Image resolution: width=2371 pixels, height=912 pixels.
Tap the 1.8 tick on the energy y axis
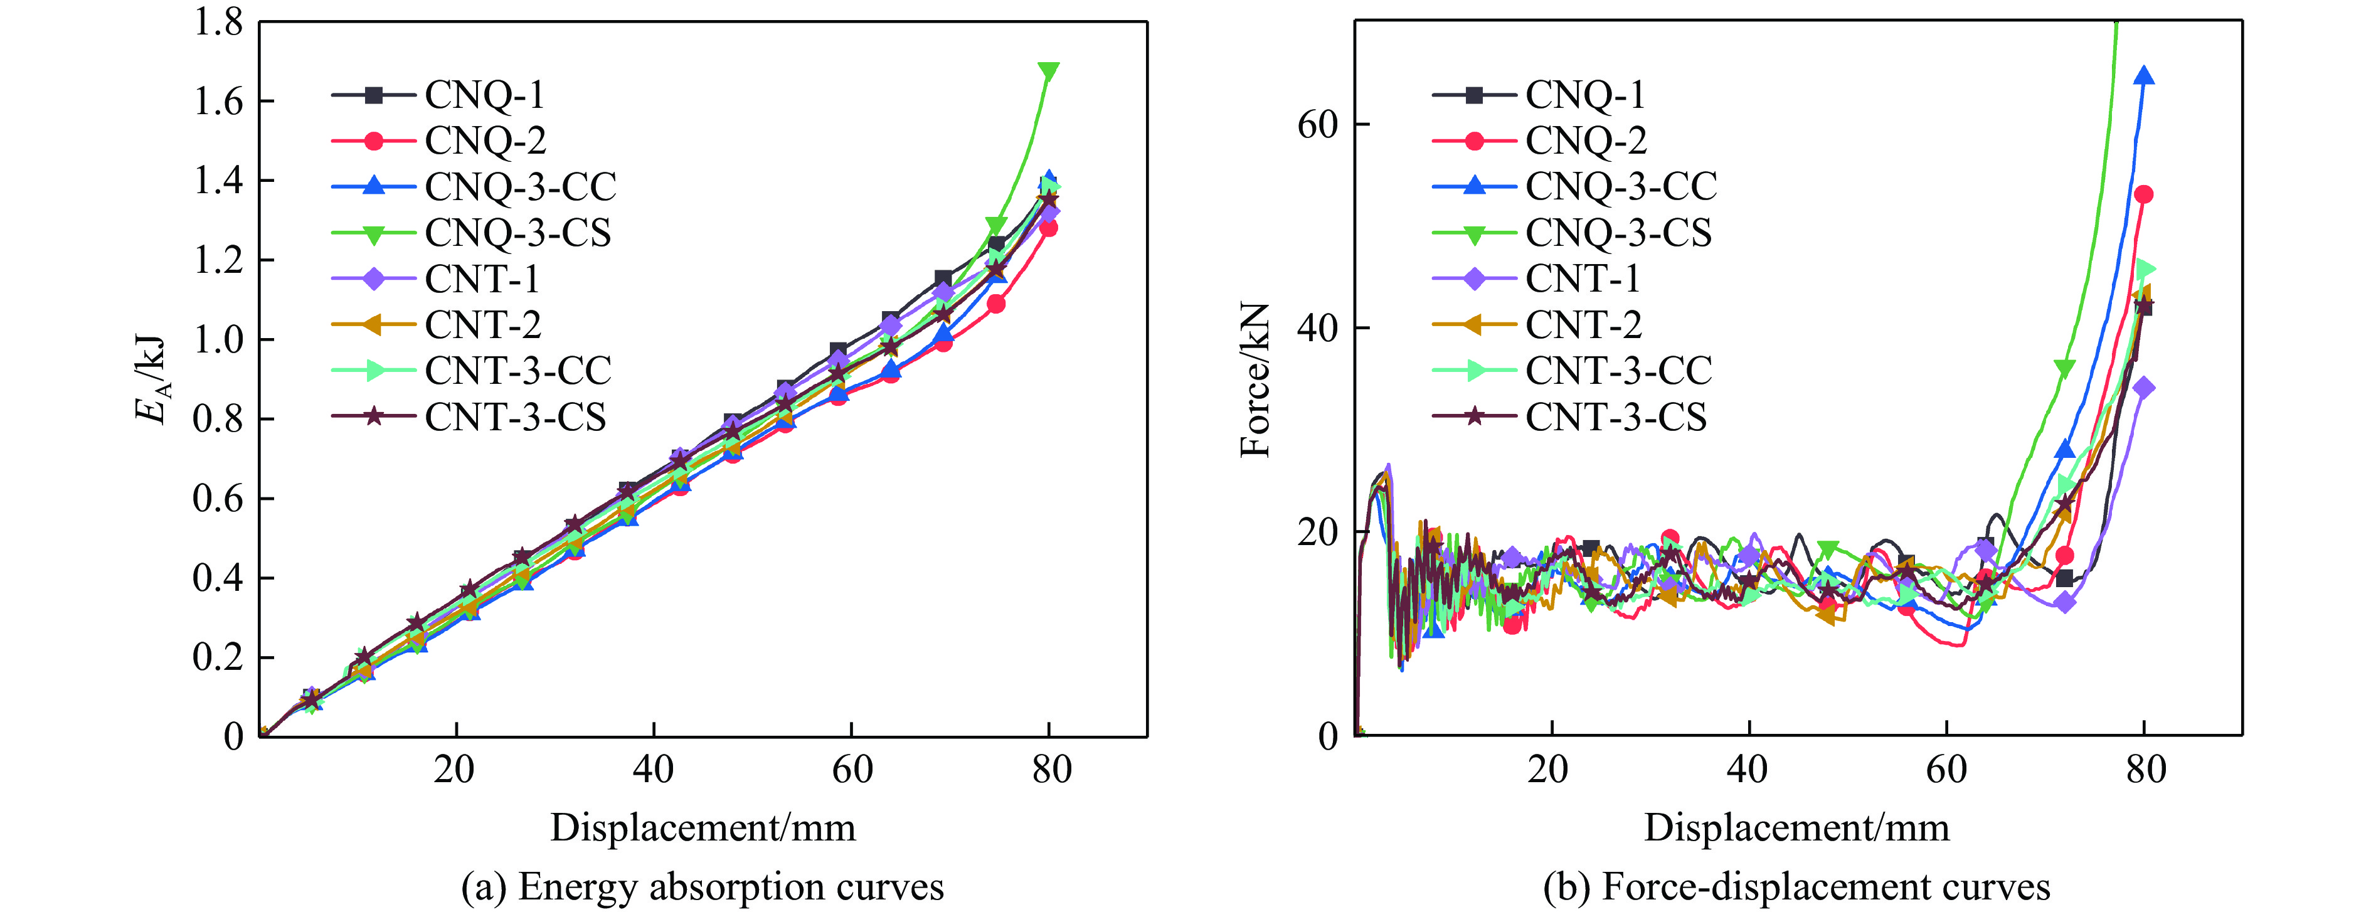click(218, 22)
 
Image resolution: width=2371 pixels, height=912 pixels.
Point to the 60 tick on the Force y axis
click(1317, 124)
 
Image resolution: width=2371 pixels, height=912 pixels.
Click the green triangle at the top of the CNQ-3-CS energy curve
click(1048, 72)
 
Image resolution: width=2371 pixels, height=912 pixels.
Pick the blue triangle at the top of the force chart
click(2144, 75)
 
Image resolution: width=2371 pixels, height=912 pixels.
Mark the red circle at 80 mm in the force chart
click(2144, 194)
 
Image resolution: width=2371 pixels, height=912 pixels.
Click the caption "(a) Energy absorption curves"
click(703, 886)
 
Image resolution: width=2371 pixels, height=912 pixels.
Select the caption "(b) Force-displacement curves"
click(1796, 886)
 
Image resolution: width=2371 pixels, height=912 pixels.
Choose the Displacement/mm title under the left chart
click(703, 827)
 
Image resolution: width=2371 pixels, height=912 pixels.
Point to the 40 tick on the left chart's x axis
click(652, 768)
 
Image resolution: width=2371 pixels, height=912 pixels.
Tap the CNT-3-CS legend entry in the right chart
click(1615, 417)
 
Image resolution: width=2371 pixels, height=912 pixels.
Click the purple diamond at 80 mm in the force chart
click(2144, 388)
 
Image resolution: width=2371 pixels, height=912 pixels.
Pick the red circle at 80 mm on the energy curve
click(1048, 227)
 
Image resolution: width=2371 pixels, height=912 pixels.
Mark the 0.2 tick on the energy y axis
click(218, 657)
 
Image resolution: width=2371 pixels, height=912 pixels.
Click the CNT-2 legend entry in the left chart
click(482, 325)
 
